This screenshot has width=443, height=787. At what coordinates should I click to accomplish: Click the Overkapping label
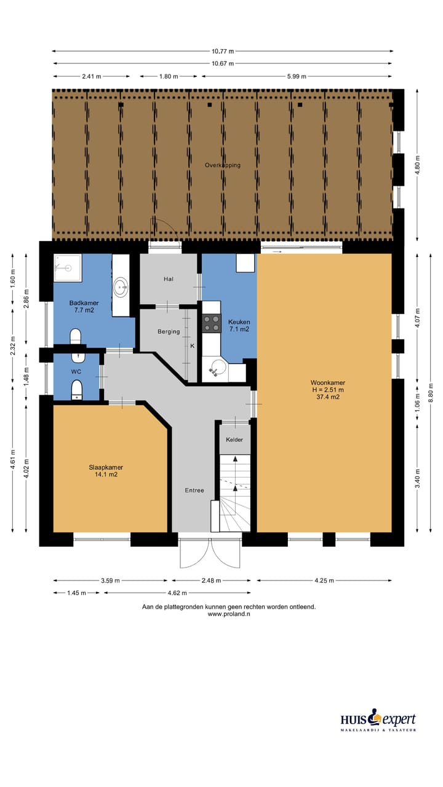223,165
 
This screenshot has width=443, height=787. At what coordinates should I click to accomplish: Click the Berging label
169,331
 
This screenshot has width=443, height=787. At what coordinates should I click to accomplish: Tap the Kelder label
234,440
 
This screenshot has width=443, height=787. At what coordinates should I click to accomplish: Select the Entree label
194,490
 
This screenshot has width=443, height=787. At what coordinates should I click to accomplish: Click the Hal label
169,279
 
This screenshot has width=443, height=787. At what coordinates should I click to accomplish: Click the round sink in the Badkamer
121,285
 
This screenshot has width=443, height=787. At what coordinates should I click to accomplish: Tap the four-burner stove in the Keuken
212,323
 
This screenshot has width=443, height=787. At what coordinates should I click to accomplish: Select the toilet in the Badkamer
76,336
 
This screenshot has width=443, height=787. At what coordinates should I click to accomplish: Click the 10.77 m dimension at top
222,52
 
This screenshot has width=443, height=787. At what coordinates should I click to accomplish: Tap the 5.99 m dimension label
297,76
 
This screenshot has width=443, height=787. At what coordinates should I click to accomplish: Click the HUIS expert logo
378,721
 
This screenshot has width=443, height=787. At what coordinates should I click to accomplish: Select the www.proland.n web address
228,614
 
